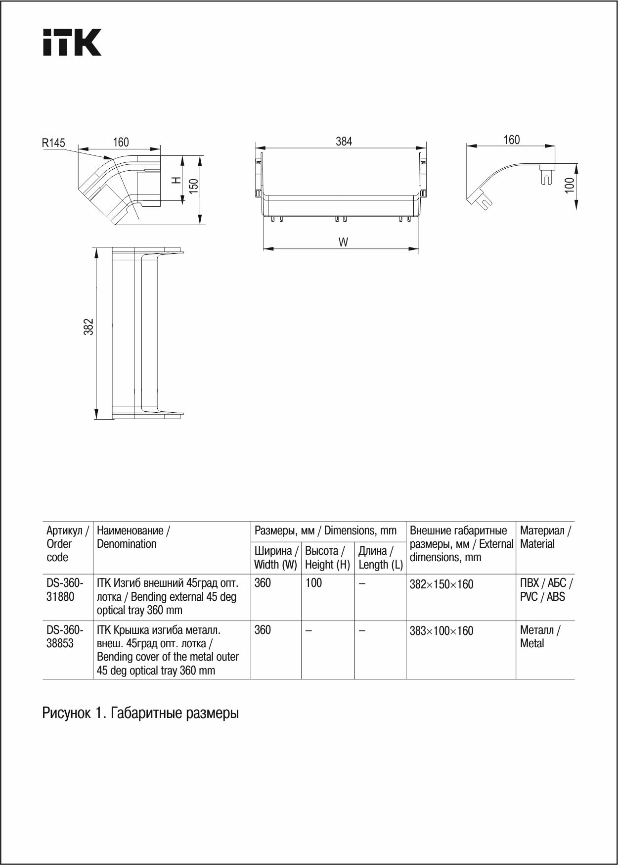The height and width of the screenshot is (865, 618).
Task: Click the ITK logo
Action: point(72,42)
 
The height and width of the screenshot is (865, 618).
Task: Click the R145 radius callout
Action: point(53,143)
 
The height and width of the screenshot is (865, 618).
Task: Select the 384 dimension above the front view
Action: point(344,142)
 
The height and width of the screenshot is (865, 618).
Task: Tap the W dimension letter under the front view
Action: point(343,242)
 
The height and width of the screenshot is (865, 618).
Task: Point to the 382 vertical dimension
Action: point(88,327)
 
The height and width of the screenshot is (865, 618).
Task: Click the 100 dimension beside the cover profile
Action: point(570,185)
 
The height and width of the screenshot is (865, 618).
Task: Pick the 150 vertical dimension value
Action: point(194,185)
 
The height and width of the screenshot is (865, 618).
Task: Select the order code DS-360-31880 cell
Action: point(65,590)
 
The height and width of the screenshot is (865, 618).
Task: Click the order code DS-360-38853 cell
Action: point(65,636)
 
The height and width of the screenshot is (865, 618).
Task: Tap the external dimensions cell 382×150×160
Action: point(441,584)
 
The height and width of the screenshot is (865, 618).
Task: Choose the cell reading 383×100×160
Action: point(441,631)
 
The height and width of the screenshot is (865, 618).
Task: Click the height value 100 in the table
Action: point(313,583)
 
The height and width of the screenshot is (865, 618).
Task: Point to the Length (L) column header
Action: point(380,558)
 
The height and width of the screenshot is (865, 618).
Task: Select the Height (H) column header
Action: point(327,558)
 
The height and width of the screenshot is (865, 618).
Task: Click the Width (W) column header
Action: point(276,558)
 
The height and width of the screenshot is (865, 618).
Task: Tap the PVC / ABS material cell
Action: point(546,590)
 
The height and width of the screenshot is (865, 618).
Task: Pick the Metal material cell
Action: point(540,636)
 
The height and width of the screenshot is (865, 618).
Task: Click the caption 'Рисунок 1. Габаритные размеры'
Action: point(140,713)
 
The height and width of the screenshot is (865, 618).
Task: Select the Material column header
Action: point(545,537)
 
